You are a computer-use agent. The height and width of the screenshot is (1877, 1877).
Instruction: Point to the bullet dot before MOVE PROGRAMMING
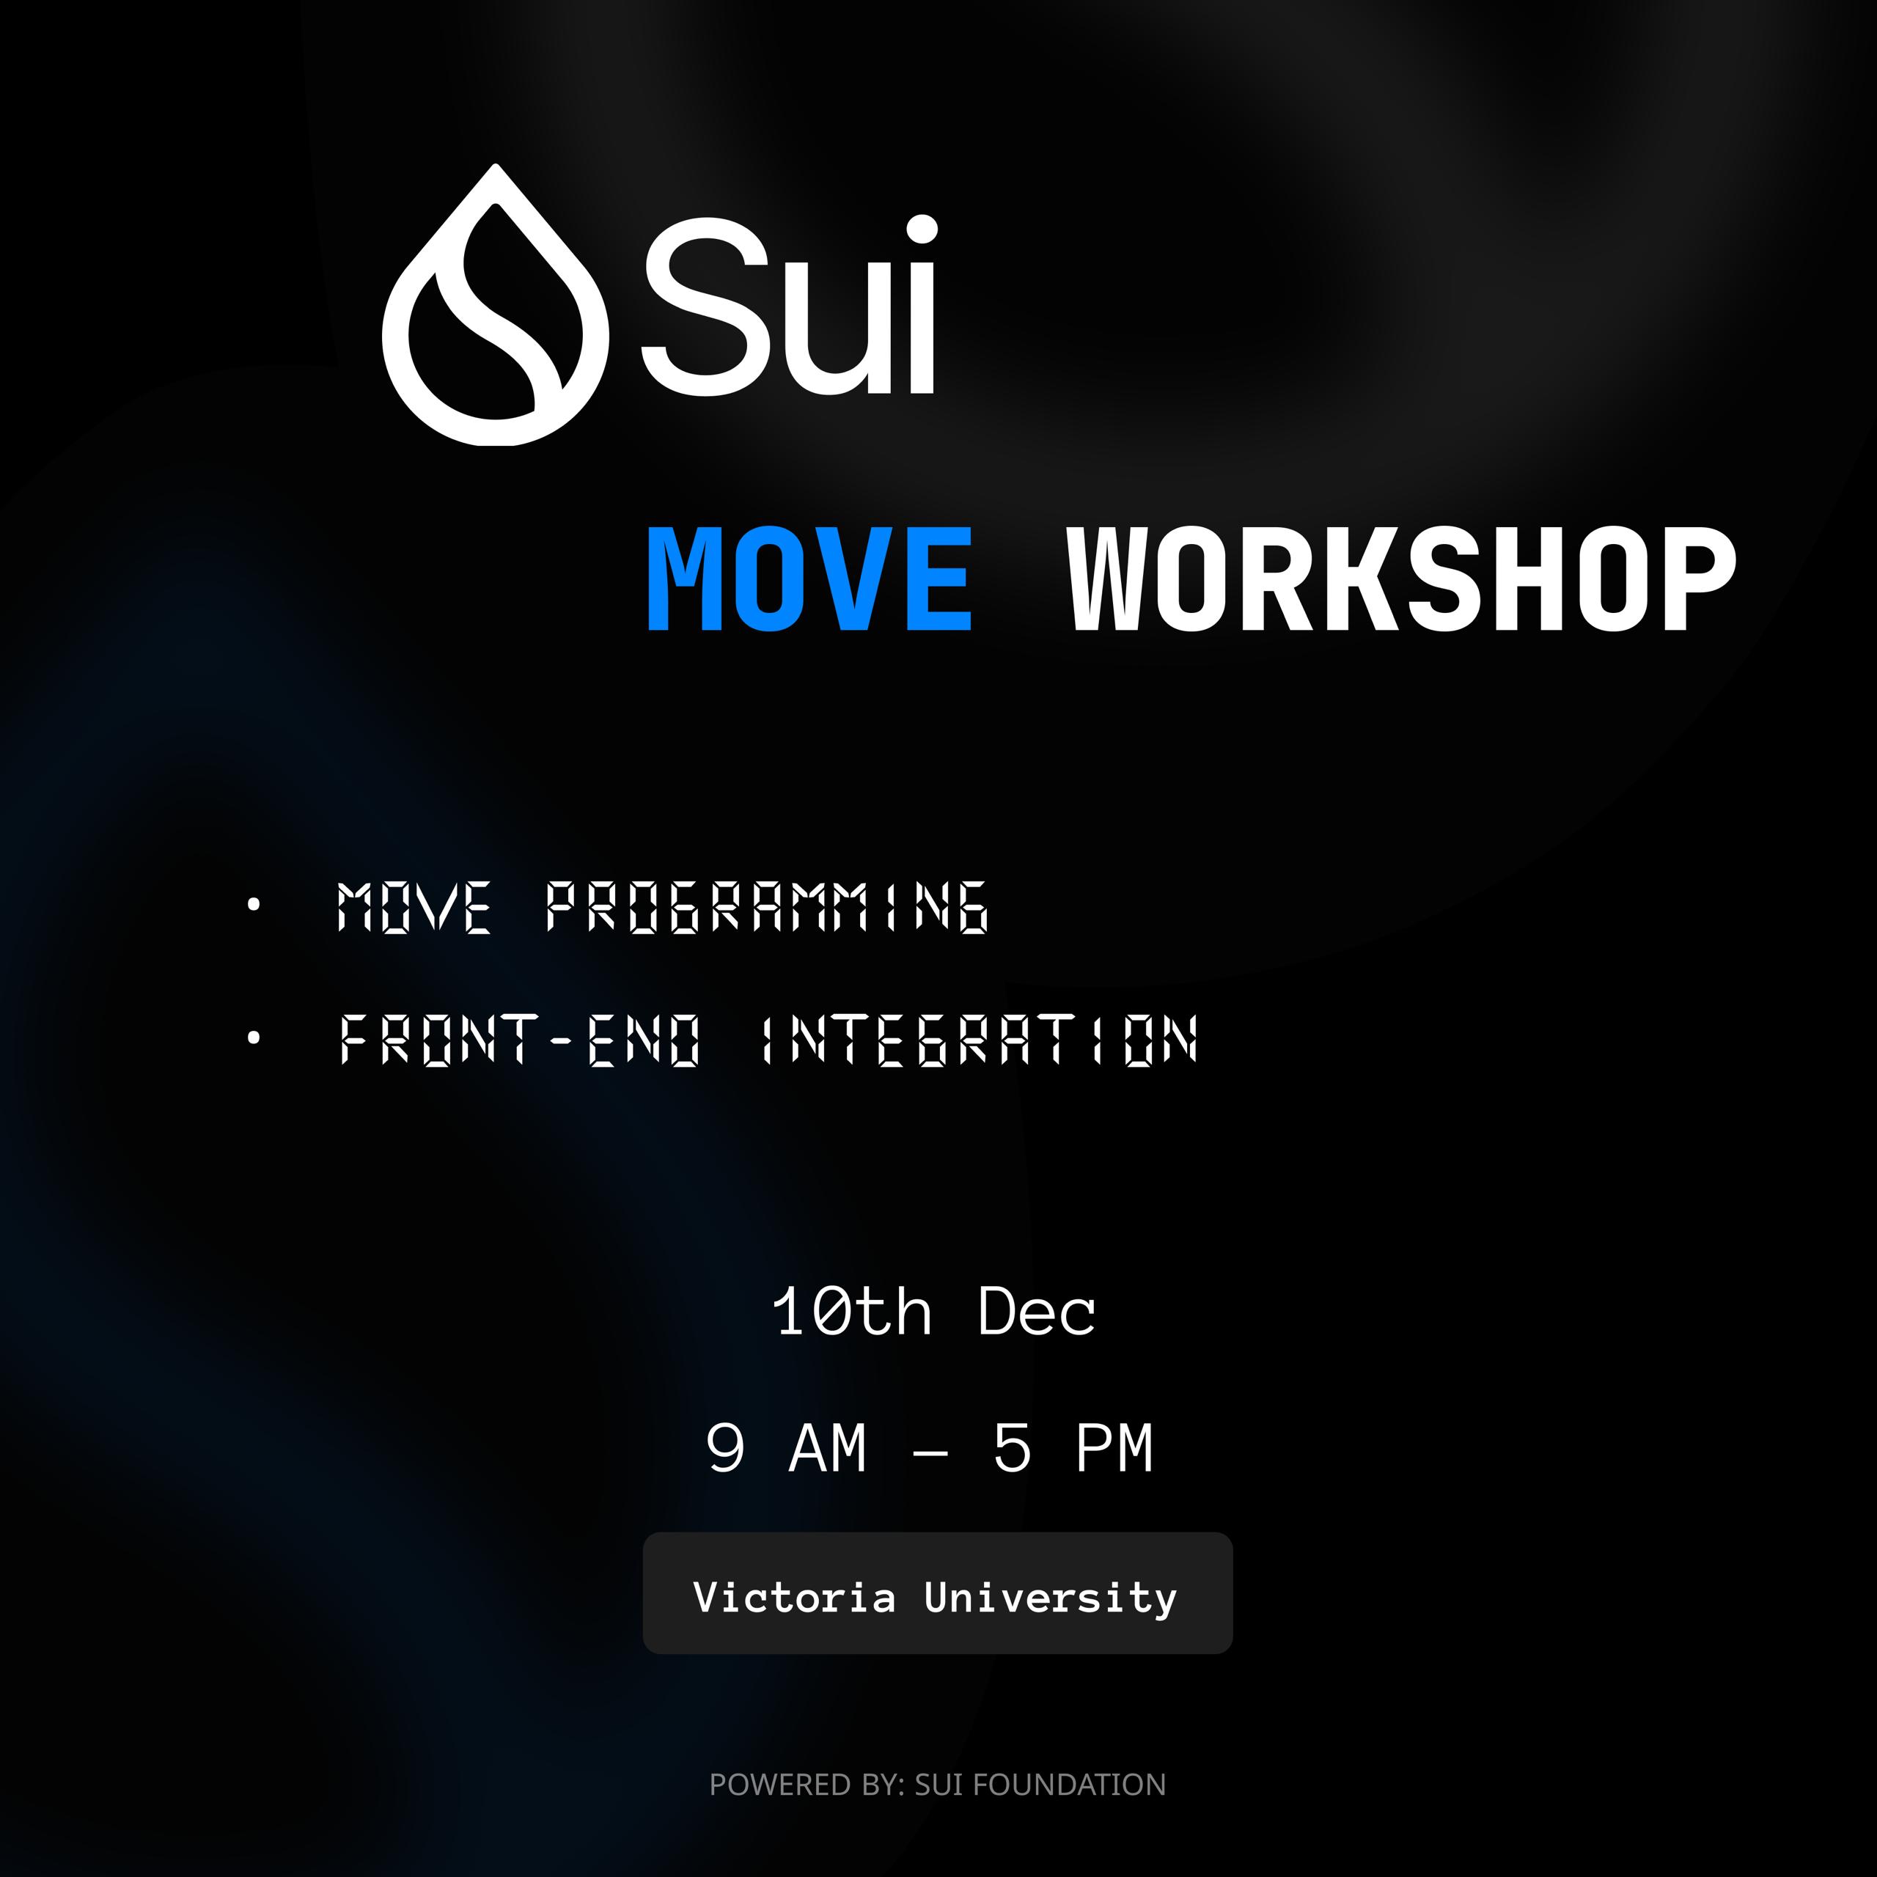(254, 905)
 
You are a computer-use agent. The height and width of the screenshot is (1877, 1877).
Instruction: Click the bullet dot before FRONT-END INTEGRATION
(254, 1037)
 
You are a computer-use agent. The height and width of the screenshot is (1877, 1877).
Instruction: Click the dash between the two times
(930, 1450)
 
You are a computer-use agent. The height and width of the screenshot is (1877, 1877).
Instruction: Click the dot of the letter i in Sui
(920, 230)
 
